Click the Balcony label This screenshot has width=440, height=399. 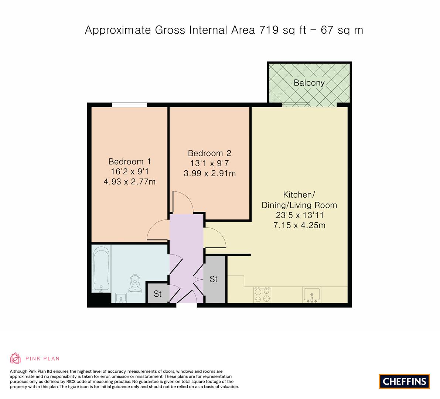click(309, 83)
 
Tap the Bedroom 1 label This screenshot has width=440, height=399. click(130, 161)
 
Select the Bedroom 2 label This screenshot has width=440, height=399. click(209, 153)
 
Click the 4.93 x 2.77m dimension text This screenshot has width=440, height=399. click(130, 182)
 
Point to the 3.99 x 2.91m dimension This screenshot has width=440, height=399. click(209, 173)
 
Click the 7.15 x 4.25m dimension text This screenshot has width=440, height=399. click(299, 225)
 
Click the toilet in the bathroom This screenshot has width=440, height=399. click(135, 283)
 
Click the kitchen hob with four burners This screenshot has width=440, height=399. click(262, 295)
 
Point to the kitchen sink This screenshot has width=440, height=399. click(312, 295)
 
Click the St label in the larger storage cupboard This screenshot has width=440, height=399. click(214, 279)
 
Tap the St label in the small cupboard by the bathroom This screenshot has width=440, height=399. click(157, 294)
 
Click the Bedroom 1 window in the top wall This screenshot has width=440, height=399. click(129, 105)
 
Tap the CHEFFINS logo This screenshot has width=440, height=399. click(405, 381)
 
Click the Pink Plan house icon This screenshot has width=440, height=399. click(15, 358)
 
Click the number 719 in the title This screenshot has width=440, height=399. click(269, 30)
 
